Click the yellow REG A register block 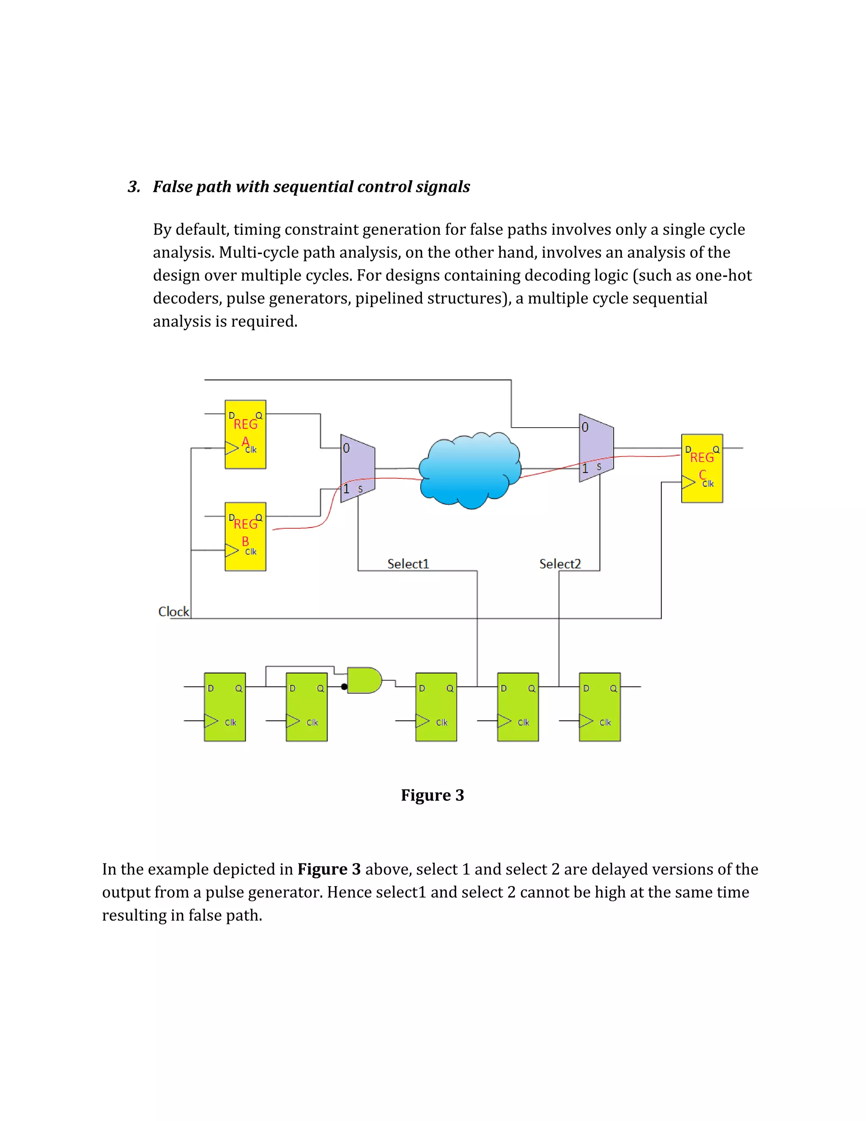(245, 434)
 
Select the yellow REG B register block (245, 536)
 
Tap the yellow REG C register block (702, 468)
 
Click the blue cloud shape (469, 470)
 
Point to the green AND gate (364, 680)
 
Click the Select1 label (408, 563)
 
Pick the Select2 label (560, 563)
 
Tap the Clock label (173, 611)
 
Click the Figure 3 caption (433, 795)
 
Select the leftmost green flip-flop (225, 707)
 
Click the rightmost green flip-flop (600, 707)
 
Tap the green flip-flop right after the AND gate (436, 707)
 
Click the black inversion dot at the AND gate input (344, 687)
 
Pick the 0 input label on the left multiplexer (346, 448)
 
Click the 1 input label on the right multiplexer (585, 468)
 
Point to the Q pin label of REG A (259, 415)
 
